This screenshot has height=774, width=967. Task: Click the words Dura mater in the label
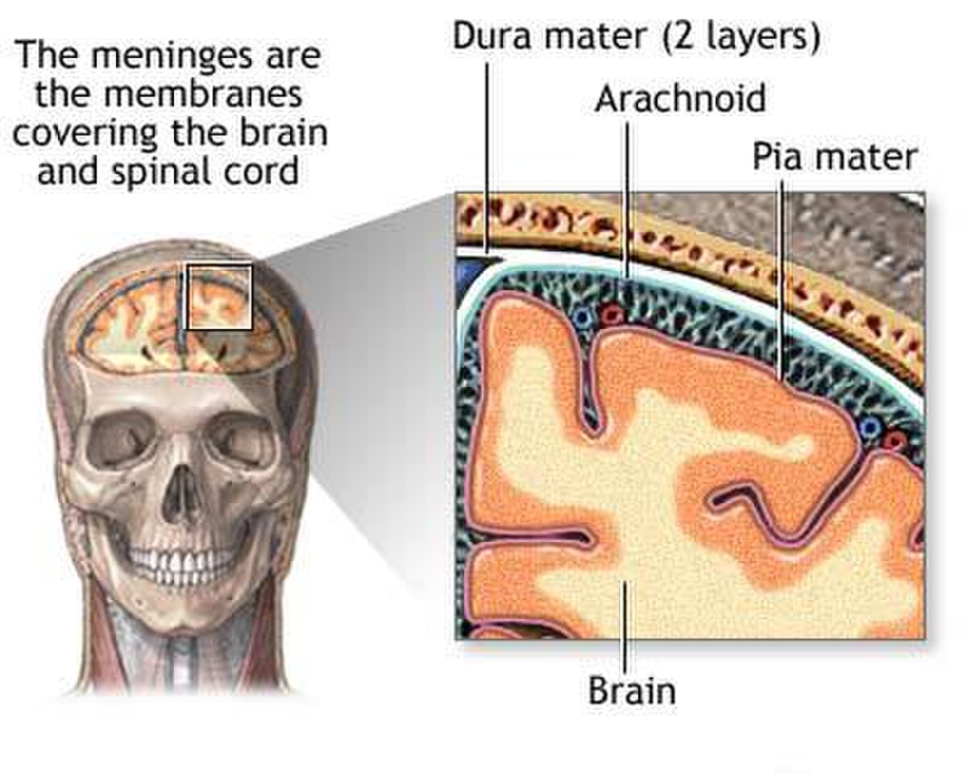coord(550,36)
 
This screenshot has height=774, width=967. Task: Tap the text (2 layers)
coord(741,37)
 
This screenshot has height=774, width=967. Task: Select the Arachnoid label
coord(680,98)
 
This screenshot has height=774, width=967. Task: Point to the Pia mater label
coord(835,156)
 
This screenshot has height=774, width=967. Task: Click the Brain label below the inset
coord(632,690)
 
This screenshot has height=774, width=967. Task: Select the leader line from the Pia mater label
coord(781,279)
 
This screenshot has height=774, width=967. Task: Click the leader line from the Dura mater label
coord(486,157)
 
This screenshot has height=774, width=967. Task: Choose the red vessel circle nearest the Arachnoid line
coord(611,316)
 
